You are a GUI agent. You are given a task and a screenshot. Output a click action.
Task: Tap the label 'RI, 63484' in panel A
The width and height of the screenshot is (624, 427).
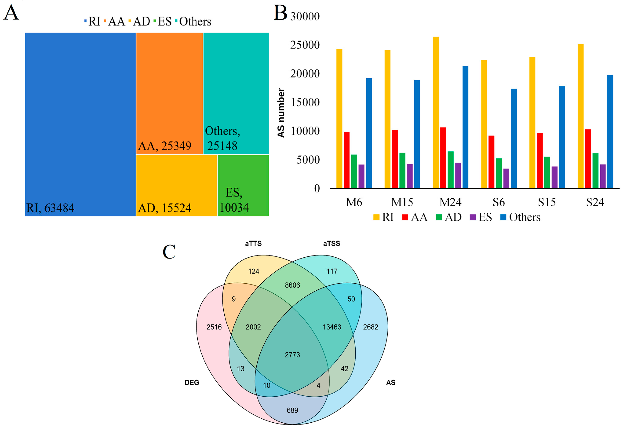pos(50,208)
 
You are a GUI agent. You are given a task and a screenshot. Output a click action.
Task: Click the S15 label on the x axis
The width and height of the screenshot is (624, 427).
pos(547,202)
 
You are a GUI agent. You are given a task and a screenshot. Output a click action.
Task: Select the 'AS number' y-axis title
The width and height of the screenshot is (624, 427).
pos(281,113)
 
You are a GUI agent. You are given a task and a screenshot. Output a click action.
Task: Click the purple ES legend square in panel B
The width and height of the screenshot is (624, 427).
pos(473,217)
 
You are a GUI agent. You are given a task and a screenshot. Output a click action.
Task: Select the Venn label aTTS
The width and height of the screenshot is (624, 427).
pos(253,244)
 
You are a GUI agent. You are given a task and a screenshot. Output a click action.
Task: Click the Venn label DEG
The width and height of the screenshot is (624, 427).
pos(192,382)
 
